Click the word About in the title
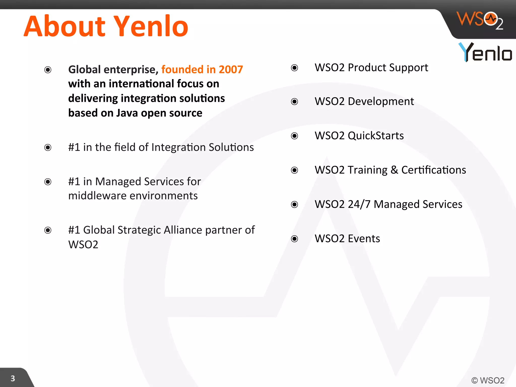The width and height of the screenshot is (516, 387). point(64,26)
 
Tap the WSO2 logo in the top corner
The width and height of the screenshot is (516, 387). point(480,20)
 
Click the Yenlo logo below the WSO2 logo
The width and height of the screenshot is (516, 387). point(485,52)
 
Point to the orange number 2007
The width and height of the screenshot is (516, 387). point(231,70)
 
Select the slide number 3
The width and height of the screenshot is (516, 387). point(13,378)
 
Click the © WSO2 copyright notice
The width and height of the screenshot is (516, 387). point(488,380)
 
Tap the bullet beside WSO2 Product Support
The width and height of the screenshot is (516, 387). point(294,68)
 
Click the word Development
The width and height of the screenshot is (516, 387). point(381,102)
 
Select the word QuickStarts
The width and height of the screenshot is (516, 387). point(376,136)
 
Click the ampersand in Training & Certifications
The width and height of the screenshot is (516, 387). point(394,170)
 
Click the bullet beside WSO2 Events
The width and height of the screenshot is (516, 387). point(294,239)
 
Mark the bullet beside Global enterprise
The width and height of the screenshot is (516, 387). point(48,70)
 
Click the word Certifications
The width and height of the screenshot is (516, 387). point(434,170)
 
